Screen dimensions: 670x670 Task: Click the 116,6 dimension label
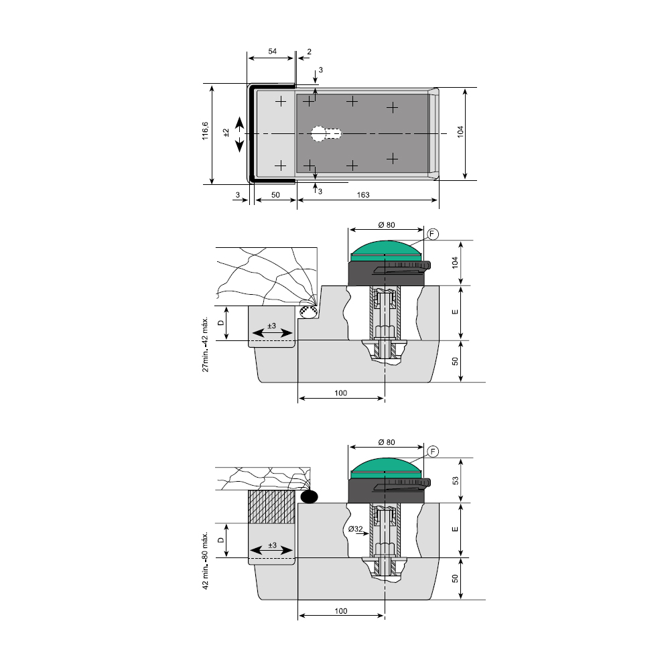click(206, 131)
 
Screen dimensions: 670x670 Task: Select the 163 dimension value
click(362, 195)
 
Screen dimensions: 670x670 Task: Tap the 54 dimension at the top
click(272, 52)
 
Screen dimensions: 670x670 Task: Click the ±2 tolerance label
click(226, 133)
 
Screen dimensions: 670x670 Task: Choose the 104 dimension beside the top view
click(460, 131)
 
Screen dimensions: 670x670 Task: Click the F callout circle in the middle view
click(433, 234)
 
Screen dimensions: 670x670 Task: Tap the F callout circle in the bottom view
click(433, 452)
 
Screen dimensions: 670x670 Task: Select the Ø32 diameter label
click(356, 529)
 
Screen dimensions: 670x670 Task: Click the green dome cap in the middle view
click(387, 252)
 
